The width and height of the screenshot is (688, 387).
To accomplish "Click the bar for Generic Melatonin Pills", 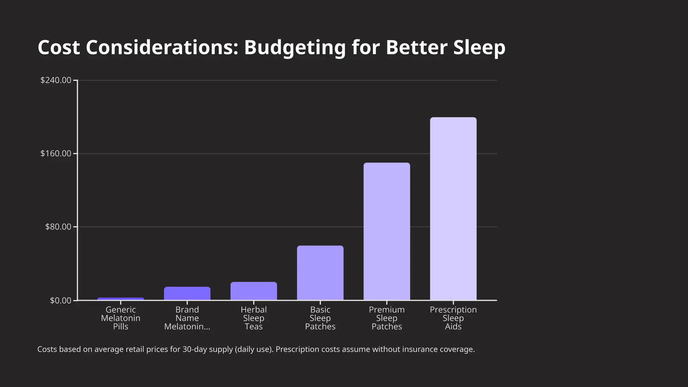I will point(121,299).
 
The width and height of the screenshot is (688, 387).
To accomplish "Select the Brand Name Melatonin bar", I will point(187,293).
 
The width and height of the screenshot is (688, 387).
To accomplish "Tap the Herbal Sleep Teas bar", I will point(254,291).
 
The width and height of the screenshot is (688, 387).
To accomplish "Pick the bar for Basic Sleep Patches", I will point(320,273).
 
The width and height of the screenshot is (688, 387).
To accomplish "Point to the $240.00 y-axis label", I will point(56,80).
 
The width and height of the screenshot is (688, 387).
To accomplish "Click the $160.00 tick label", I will point(56,154).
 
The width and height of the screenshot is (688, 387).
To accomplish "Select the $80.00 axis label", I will point(58,227).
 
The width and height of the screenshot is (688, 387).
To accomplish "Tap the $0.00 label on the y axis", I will point(60,300).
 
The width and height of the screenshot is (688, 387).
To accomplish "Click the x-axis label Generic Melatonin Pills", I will point(121,318).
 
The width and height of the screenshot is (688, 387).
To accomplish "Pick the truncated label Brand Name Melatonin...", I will point(187,318).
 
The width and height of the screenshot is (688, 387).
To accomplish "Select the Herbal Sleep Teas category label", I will point(254,318).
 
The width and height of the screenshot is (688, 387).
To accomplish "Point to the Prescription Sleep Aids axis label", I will point(453,318).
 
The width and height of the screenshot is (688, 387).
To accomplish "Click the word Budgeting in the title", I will point(295,48).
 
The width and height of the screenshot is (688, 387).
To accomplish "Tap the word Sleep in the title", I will point(479,48).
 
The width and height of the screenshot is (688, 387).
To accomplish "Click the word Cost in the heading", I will point(59,48).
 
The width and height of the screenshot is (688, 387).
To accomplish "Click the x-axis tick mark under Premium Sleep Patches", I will point(387,303).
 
